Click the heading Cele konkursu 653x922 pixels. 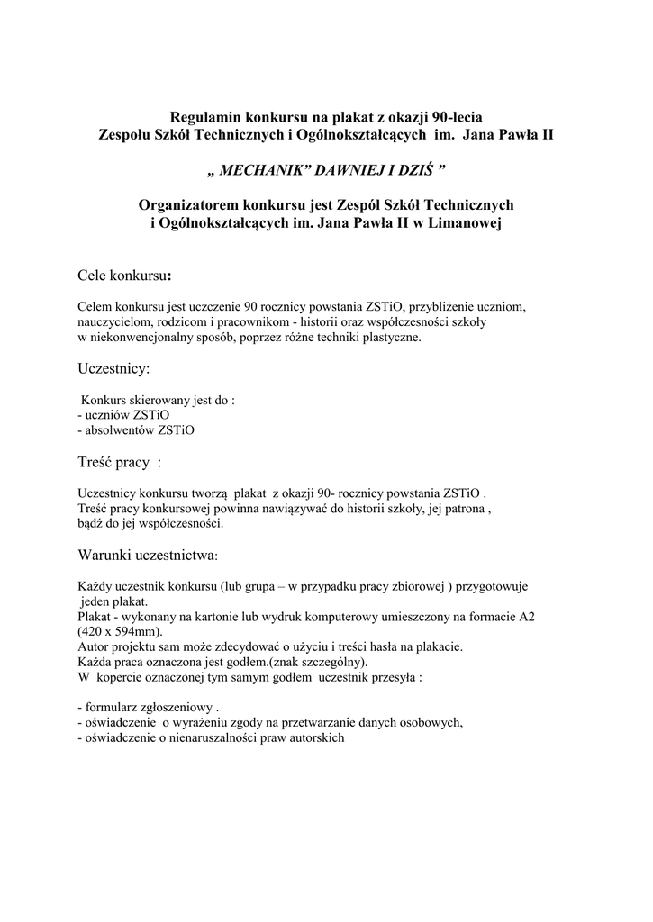pos(122,273)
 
